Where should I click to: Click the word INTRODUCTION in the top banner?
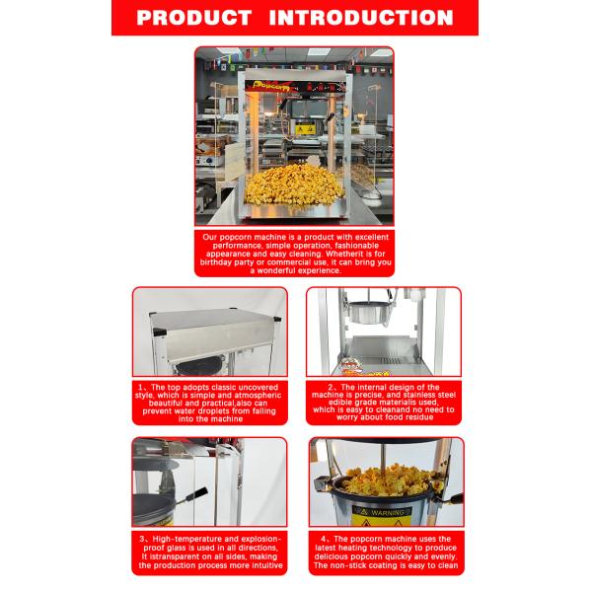(361, 17)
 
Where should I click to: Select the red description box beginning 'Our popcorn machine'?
(296, 255)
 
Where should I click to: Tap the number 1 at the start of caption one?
(142, 387)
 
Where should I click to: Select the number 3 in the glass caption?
(142, 540)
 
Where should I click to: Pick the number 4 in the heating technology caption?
(326, 540)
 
